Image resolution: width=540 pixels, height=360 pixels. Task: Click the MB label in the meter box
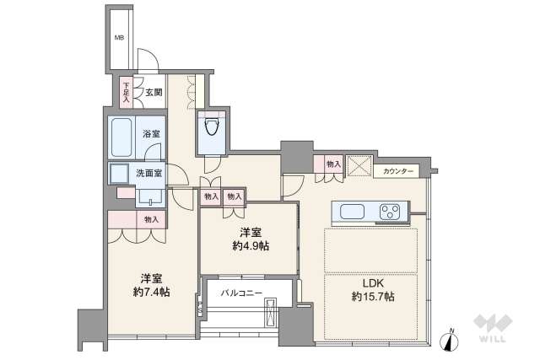tap(119, 38)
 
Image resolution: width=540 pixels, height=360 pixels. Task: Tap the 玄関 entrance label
tap(153, 93)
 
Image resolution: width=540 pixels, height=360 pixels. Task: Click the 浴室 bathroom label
tap(151, 133)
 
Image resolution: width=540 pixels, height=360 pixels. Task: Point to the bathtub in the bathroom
tap(121, 136)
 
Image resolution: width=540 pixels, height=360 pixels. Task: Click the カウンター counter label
tap(398, 172)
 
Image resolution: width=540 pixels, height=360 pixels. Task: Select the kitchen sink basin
tap(351, 212)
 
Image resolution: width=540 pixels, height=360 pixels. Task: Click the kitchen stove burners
tap(391, 212)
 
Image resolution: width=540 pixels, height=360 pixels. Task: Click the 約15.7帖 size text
tap(374, 297)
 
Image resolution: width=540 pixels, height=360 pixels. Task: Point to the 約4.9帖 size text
tap(248, 246)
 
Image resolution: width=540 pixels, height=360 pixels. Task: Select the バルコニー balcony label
tap(241, 293)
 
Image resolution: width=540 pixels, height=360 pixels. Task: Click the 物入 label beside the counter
tap(333, 164)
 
